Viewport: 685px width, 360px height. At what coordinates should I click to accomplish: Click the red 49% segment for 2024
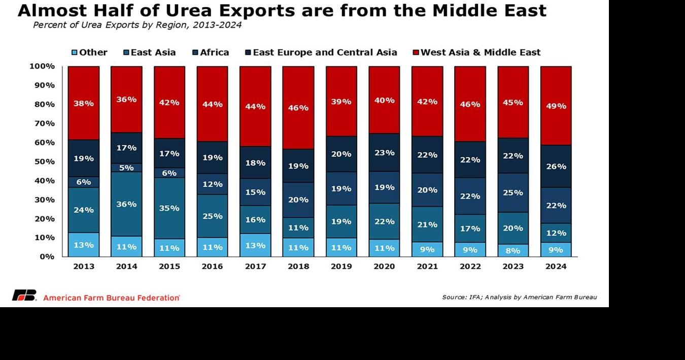(556, 106)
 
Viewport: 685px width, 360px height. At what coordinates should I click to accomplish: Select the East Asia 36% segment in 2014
(126, 204)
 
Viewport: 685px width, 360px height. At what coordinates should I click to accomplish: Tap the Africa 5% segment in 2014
(126, 168)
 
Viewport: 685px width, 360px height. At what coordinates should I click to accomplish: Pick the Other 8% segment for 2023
(513, 250)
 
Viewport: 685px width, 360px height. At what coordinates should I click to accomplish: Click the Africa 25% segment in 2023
(513, 192)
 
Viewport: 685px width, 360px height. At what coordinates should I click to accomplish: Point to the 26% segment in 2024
(556, 166)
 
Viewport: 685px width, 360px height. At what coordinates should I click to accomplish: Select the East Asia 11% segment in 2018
(298, 227)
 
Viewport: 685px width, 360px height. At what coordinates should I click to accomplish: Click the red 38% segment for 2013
(84, 103)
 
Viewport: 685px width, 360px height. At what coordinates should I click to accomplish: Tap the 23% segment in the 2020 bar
(384, 152)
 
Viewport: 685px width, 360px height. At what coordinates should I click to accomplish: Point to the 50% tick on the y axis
(44, 161)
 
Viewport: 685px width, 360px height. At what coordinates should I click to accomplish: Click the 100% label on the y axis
(42, 66)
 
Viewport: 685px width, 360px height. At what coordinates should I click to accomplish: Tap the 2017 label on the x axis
(255, 267)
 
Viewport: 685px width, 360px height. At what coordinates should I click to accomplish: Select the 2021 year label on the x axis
(427, 267)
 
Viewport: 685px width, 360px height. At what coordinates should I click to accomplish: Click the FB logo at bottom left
(24, 296)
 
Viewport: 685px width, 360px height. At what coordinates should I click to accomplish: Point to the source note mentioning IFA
(519, 297)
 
